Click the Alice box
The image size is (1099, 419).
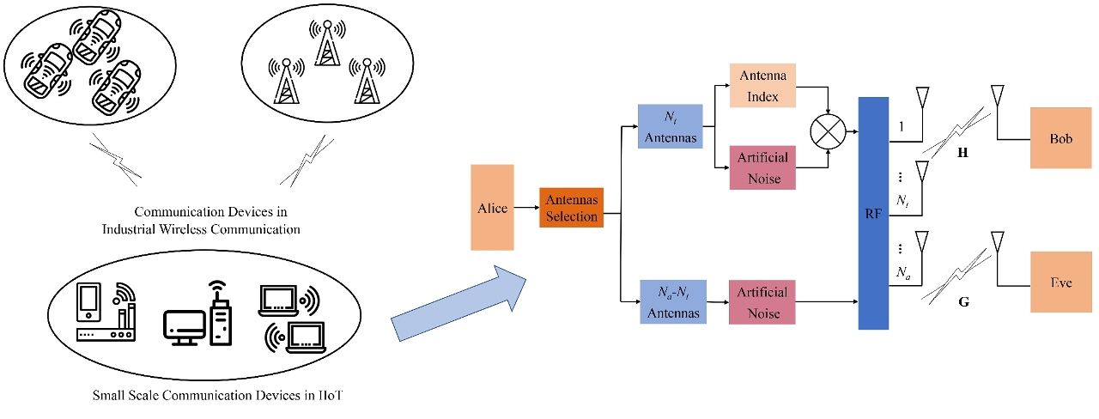point(492,207)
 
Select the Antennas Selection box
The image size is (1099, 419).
point(571,209)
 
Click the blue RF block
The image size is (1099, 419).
point(872,213)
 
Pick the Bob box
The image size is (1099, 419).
point(1061,138)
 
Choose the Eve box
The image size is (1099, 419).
point(1061,282)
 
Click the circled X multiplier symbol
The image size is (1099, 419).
point(828,130)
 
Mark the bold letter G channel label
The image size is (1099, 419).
point(962,302)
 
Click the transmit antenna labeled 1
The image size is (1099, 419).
point(922,100)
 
